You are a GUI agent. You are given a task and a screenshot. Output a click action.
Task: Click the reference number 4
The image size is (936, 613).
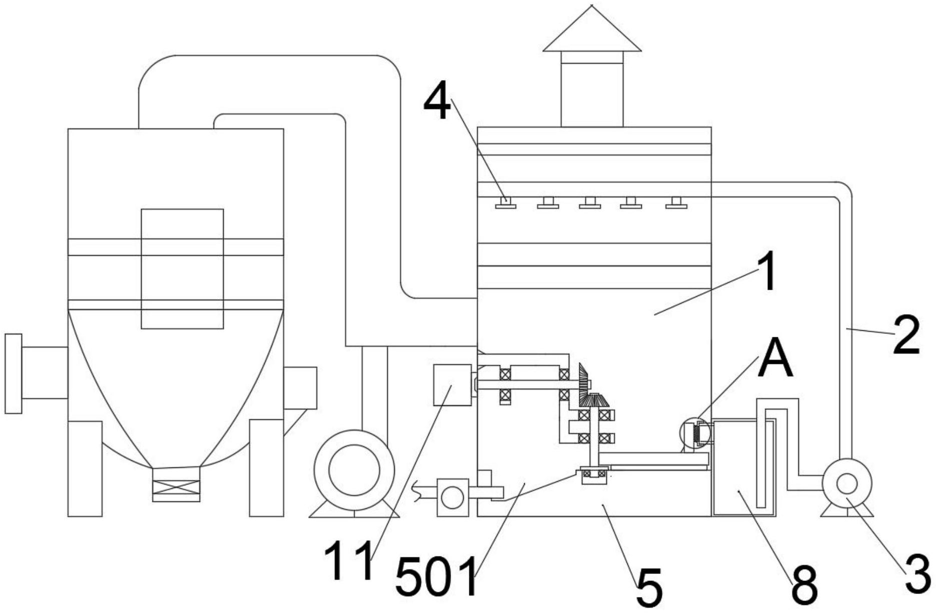(x=437, y=103)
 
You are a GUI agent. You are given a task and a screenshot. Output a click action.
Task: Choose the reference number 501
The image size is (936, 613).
(x=436, y=578)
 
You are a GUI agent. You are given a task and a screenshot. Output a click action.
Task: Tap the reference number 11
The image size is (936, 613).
(x=349, y=561)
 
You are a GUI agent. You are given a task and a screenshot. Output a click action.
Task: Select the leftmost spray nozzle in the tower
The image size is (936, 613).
(x=506, y=203)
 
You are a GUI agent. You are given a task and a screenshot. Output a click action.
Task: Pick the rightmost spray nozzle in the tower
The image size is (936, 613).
(x=676, y=203)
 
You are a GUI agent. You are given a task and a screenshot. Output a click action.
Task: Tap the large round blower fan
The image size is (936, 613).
(x=354, y=470)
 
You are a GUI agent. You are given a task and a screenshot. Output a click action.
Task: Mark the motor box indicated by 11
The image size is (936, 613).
(x=452, y=385)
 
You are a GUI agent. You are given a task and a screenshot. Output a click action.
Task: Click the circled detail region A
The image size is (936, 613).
(x=695, y=433)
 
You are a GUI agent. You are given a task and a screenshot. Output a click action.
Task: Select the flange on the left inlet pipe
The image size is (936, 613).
(x=14, y=373)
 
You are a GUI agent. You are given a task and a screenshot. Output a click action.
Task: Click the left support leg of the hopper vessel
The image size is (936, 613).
(x=85, y=468)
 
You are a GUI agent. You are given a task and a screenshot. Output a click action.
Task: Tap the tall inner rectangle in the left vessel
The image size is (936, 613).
(x=182, y=269)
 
